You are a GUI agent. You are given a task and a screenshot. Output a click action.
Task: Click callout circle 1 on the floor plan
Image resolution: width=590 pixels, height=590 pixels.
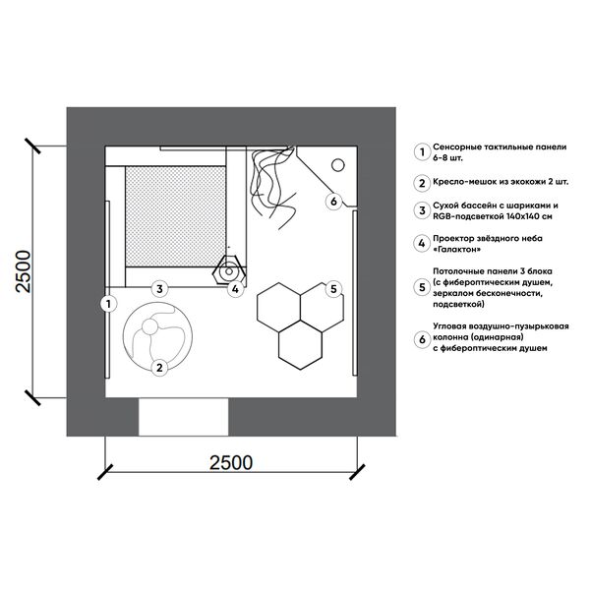click(109, 304)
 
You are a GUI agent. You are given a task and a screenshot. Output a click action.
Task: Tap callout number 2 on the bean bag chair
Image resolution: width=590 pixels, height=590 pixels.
click(159, 367)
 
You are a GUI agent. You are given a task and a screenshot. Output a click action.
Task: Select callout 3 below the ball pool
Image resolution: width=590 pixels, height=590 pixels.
click(160, 289)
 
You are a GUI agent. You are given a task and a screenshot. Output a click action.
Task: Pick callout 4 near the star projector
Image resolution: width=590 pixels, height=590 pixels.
click(236, 289)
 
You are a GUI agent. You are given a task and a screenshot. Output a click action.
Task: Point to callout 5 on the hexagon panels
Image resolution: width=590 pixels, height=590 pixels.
click(333, 289)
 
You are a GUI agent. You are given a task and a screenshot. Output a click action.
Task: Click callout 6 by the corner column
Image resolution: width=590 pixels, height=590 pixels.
click(333, 202)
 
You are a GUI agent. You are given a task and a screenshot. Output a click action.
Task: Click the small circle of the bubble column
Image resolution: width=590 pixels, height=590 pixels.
click(338, 165)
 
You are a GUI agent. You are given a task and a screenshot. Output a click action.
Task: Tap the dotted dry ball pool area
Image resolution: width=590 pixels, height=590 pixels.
click(176, 216)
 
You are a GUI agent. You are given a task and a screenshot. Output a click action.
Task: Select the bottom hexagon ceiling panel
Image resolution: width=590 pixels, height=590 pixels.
click(300, 345)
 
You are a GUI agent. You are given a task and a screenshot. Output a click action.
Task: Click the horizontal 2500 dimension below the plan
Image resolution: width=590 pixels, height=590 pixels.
click(231, 462)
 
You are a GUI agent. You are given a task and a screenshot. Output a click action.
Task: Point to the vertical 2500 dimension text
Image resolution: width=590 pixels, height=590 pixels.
click(23, 271)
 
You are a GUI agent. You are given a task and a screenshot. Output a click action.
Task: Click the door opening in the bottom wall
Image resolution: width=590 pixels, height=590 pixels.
click(184, 417)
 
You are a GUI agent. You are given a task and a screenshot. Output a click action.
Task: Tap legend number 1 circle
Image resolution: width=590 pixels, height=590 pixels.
click(422, 152)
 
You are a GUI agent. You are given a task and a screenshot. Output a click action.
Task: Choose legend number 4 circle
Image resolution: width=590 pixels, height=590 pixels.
click(422, 244)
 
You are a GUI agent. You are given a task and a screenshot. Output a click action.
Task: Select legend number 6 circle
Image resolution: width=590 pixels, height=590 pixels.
click(422, 339)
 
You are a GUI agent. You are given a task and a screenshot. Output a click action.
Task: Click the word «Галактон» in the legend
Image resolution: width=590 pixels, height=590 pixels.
click(457, 249)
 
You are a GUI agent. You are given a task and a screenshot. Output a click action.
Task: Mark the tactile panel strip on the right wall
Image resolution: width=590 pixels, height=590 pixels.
click(354, 293)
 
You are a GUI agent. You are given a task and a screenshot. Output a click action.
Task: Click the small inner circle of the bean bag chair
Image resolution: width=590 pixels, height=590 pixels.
click(149, 326)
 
